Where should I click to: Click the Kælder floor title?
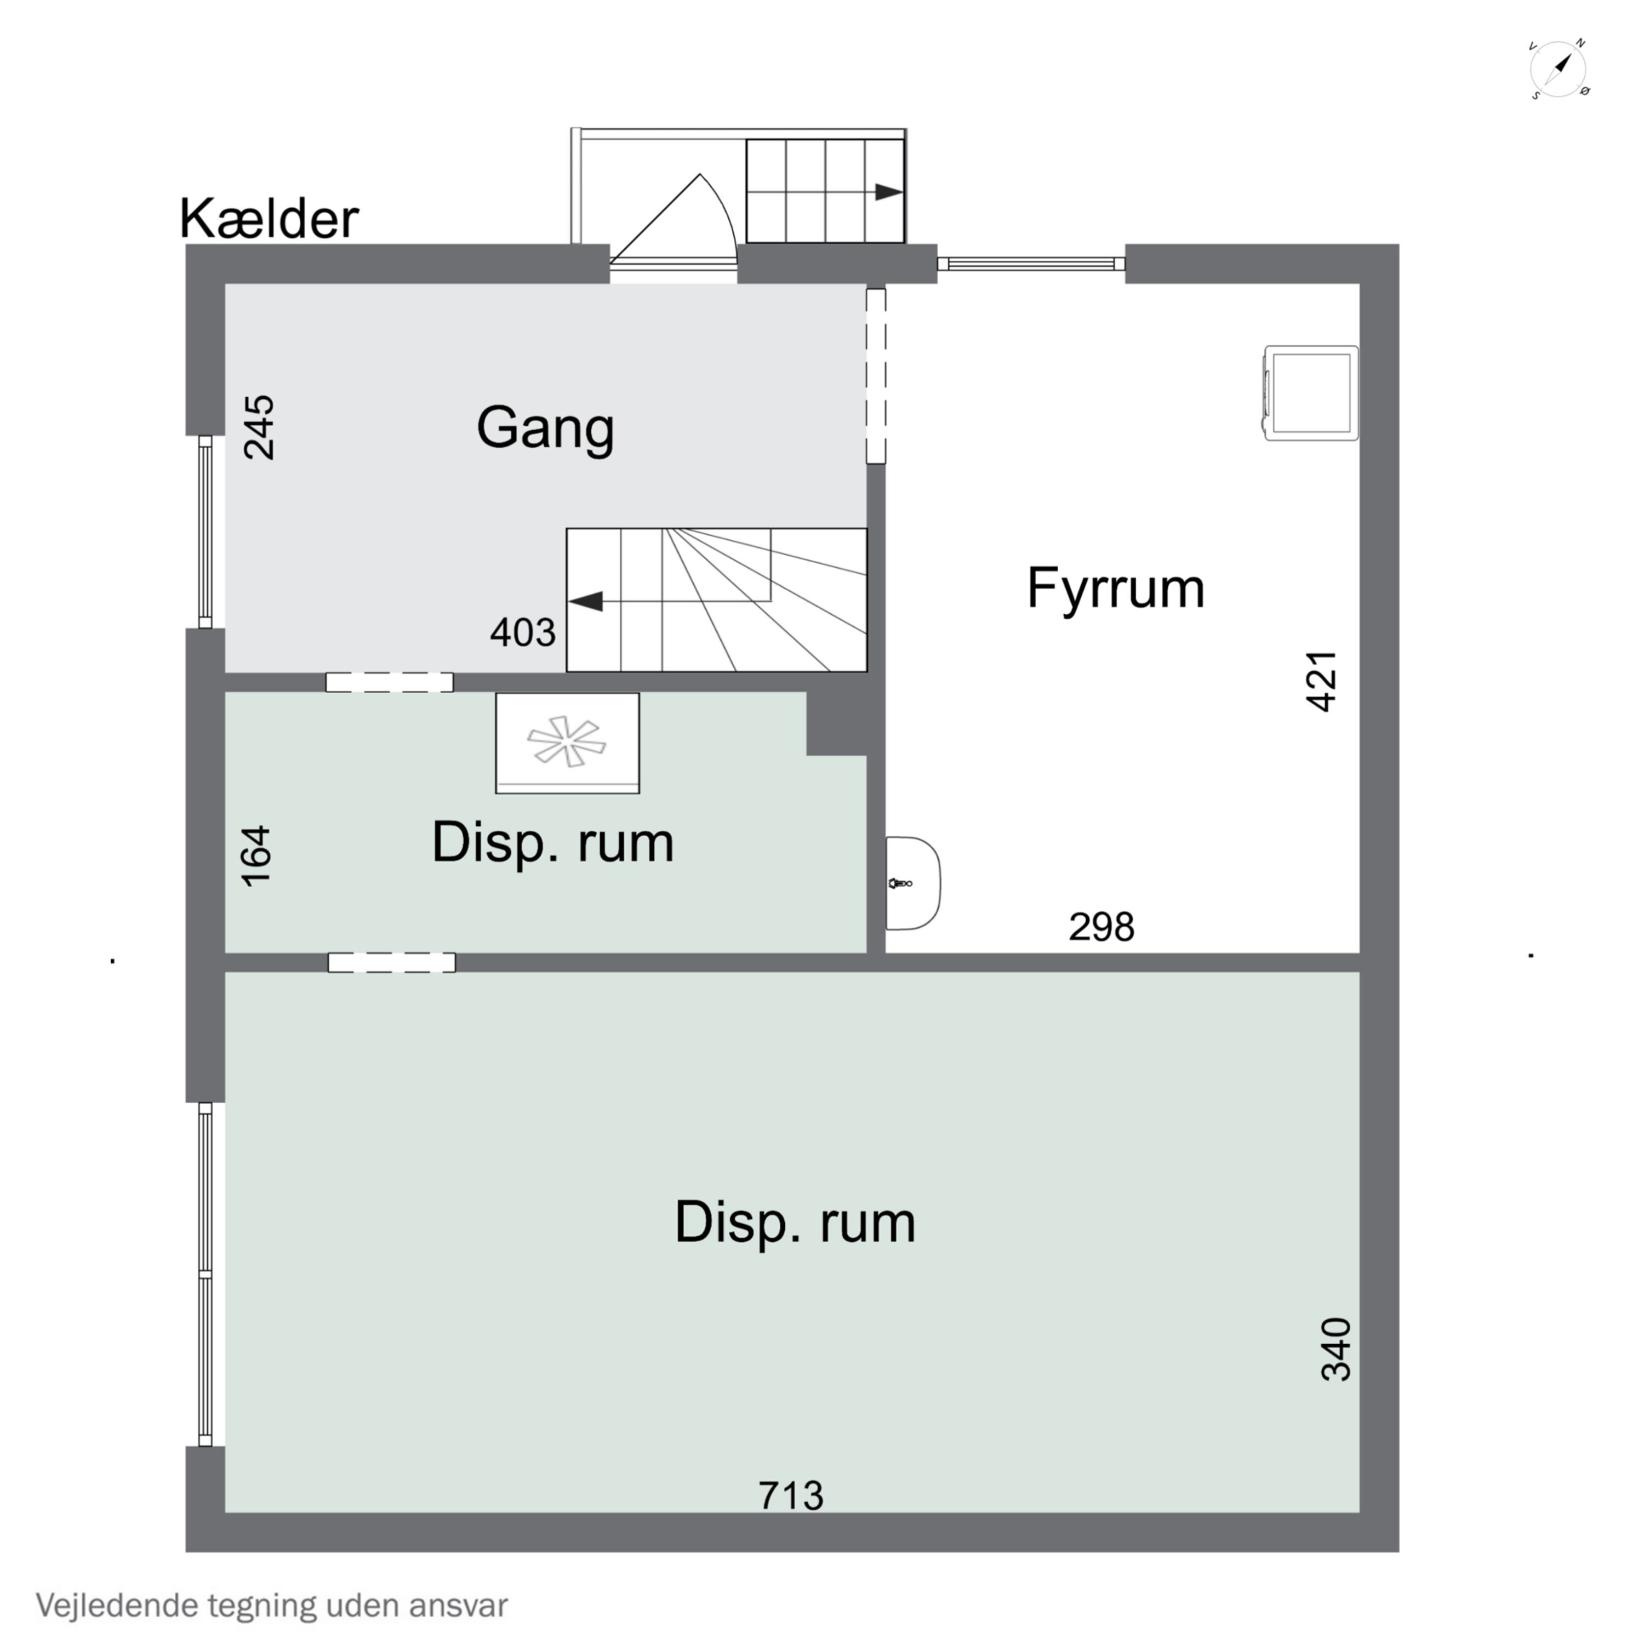pyautogui.click(x=269, y=220)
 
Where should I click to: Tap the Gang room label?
pyautogui.click(x=545, y=427)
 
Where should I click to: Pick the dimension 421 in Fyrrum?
pyautogui.click(x=1321, y=681)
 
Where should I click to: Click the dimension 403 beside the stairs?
pyautogui.click(x=522, y=632)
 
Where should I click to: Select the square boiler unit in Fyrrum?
pyautogui.click(x=1310, y=393)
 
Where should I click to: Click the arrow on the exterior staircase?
pyautogui.click(x=888, y=192)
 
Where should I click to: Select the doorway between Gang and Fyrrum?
pyautogui.click(x=876, y=376)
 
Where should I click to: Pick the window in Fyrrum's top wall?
pyautogui.click(x=1030, y=264)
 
